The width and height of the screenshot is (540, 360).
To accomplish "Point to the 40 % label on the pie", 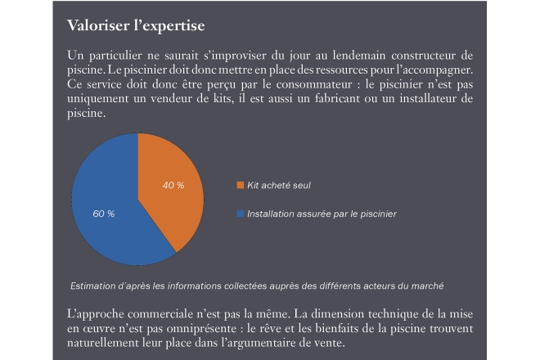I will [173, 185].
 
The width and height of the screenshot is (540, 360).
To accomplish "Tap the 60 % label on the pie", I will [104, 214].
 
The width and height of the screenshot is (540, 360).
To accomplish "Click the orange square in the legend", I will [241, 185].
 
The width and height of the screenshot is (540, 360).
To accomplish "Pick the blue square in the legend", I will [241, 214].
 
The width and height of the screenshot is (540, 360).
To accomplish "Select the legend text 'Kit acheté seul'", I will [279, 185].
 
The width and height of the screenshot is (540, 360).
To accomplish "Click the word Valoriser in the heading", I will [98, 25].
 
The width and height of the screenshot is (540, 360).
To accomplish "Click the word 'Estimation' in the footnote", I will [94, 286].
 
